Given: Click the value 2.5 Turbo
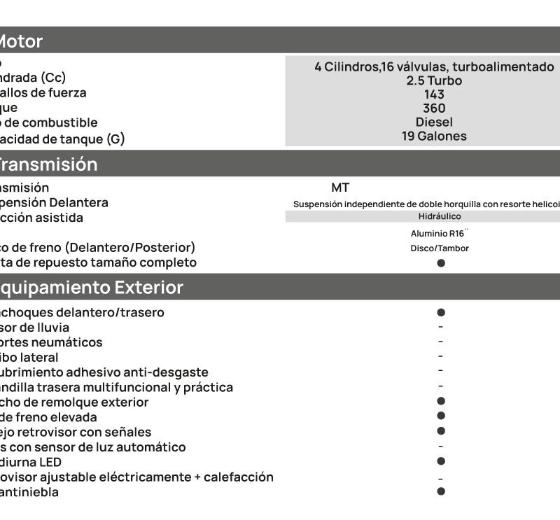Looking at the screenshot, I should coord(434,80).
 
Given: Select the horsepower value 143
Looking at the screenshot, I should coord(434,94).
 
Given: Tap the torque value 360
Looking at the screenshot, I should coord(434,108).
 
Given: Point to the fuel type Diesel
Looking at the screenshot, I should coord(434,122).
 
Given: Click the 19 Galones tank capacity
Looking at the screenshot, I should coord(434,136).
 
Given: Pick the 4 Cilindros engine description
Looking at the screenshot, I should coord(434,66).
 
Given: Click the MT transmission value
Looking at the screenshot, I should coord(340,188).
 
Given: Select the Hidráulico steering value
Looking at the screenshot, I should coord(440,216).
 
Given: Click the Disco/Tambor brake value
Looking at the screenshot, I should coord(440,248).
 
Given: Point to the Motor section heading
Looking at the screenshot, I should coord(21,41).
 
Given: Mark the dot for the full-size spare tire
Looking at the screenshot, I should coord(441,263).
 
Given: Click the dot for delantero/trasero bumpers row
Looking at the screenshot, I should coord(441,313).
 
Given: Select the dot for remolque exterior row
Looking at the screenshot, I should coord(441,401).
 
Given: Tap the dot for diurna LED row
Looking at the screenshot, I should coord(441,461).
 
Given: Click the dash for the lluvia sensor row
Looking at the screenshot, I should coord(441,327).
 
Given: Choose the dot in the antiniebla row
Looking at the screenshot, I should coord(441,491).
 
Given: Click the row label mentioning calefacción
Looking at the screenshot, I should coord(136,477).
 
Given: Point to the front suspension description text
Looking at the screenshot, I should coord(426,204).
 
